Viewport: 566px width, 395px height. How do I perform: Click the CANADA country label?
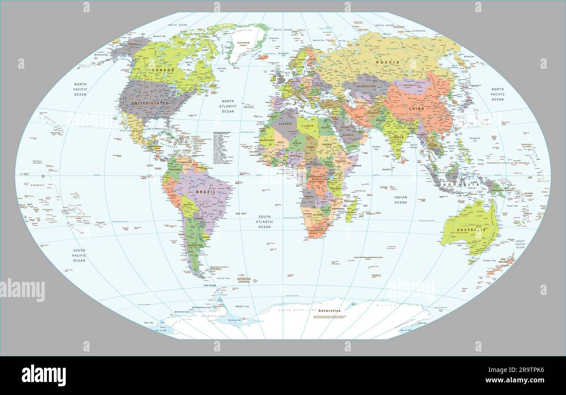pos(163,70)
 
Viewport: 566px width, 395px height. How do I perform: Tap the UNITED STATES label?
pos(150,103)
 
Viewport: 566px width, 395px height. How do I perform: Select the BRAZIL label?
pos(206,192)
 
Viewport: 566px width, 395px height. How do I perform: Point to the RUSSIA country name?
pos(387,62)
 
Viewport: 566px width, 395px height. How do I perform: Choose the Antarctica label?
pos(329,311)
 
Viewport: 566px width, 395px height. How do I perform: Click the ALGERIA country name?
pos(286,124)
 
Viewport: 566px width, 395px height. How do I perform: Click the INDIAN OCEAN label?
pos(401,200)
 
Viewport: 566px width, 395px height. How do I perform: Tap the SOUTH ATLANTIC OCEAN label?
pos(264,222)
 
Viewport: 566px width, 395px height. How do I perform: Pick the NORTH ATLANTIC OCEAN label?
pos(228,106)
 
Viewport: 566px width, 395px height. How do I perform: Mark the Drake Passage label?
pos(210,285)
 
